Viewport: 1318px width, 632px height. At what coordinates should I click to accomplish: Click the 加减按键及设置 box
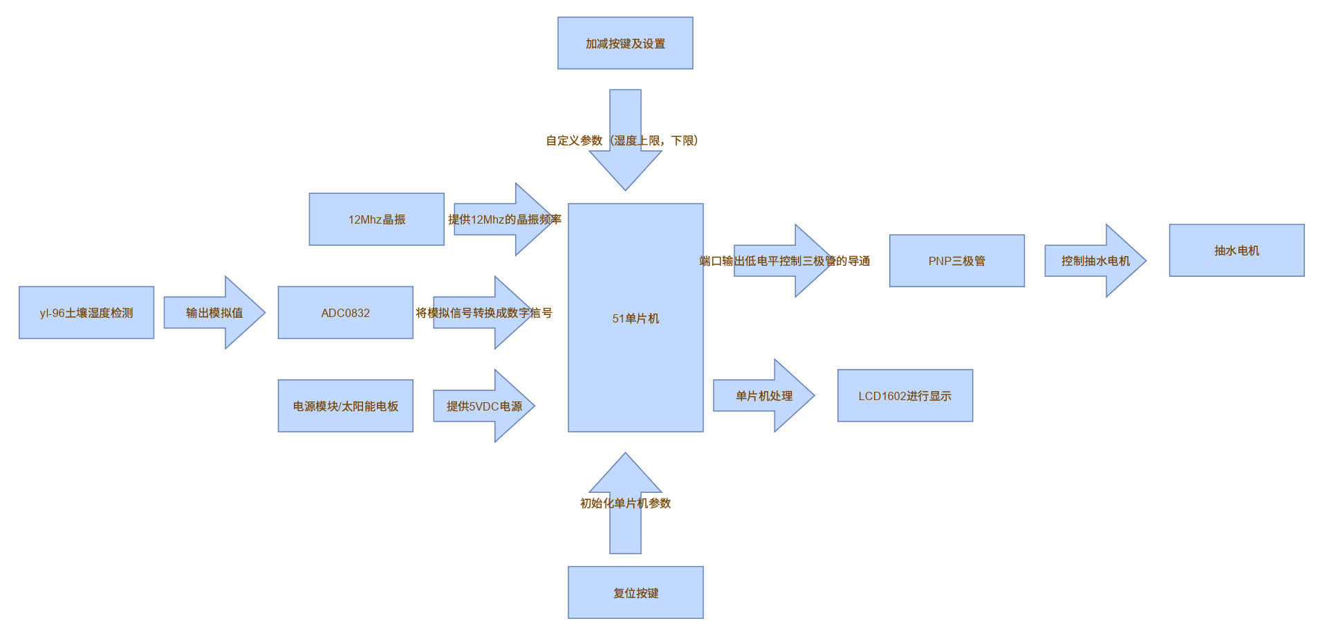coord(625,43)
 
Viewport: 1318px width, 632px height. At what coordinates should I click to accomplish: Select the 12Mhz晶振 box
coord(376,219)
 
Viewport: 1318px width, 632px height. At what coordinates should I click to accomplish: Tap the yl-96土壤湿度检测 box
coord(86,313)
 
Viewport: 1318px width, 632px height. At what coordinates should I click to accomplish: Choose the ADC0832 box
coord(345,313)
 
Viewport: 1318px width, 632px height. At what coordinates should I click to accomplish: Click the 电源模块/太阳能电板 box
coord(345,406)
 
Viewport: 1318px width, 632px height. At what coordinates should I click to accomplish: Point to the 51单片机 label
coord(635,318)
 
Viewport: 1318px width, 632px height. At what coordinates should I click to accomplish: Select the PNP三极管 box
coord(956,261)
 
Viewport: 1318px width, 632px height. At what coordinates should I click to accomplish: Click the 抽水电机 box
coord(1236,251)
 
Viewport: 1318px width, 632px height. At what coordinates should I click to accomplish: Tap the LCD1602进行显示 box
coord(904,396)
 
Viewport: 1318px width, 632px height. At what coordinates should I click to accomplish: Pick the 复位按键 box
coord(635,593)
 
